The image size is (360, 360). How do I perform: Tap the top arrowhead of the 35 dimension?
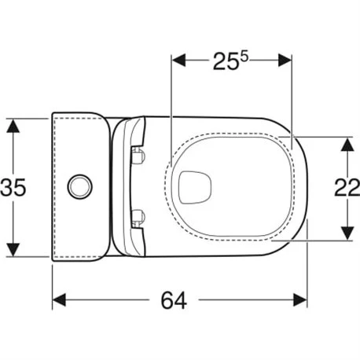[13, 123]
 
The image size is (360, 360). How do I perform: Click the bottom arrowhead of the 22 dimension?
[345, 235]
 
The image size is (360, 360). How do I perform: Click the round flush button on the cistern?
[79, 186]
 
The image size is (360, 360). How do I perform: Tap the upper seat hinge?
[139, 155]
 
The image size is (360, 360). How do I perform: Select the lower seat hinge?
[139, 215]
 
